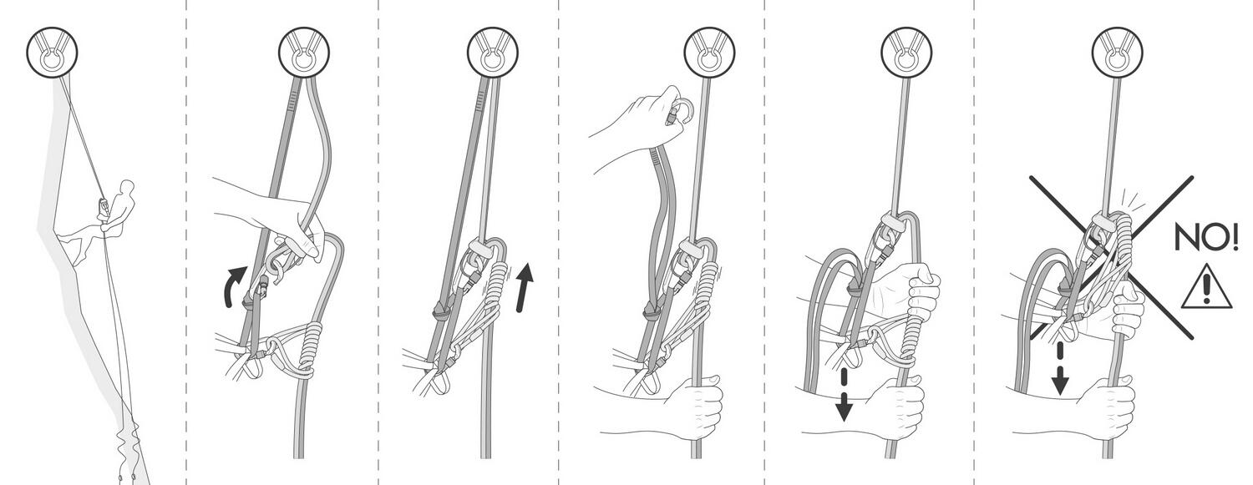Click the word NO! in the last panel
tap(1205, 238)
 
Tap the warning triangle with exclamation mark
tap(1206, 286)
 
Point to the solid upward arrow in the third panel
tap(524, 287)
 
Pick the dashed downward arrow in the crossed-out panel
tap(1059, 369)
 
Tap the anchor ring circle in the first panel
tap(52, 53)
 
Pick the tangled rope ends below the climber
tap(128, 447)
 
